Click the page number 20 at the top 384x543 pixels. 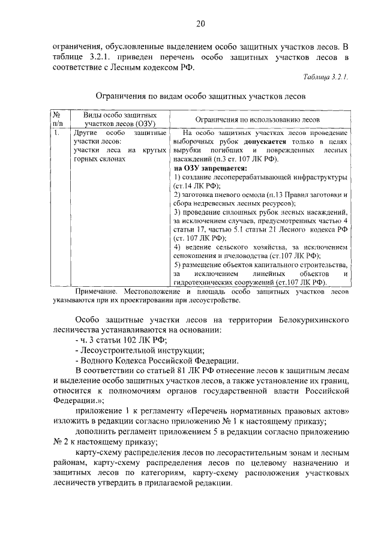point(200,24)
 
